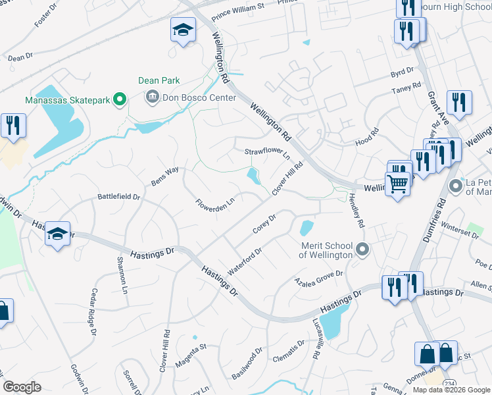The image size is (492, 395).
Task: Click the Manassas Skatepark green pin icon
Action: pos(119,100)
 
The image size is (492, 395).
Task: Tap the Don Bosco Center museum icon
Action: pos(152,97)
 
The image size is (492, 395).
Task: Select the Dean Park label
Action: pos(159,80)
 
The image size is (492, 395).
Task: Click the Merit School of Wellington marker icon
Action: pos(362,250)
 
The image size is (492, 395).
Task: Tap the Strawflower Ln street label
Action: pos(267,153)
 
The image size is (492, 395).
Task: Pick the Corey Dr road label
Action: pos(264,224)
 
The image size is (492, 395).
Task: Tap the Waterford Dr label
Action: pos(245,261)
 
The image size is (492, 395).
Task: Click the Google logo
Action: pos(22,387)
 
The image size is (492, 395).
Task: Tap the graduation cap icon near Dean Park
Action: pos(183,30)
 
